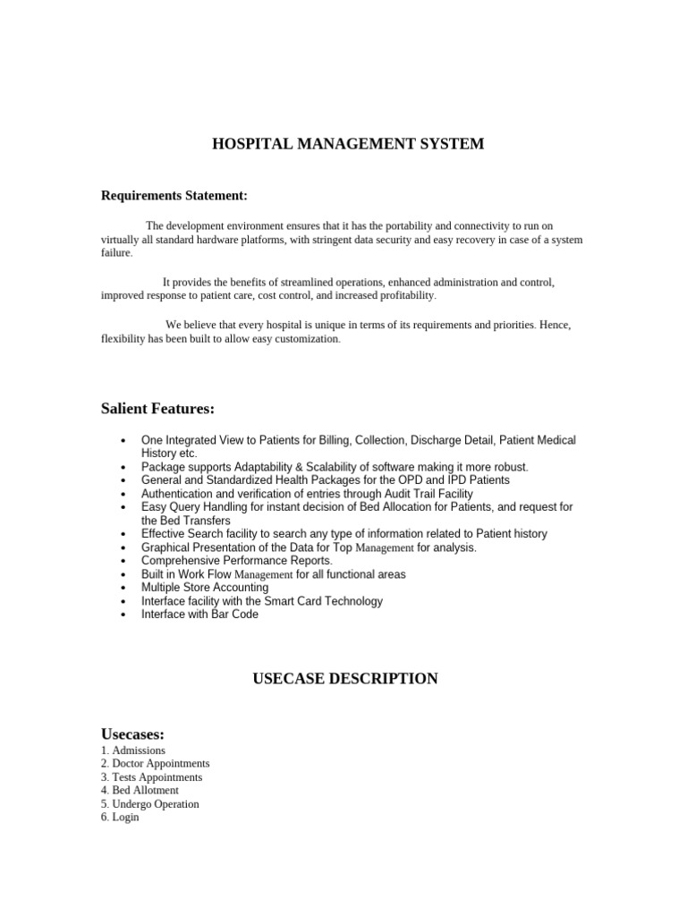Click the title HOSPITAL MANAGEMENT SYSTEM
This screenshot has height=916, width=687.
348,144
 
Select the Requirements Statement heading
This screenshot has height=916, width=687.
174,195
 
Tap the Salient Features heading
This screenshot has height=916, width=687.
157,409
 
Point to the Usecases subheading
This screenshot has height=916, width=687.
132,734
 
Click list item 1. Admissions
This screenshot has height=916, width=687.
133,751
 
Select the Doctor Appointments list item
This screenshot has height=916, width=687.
156,764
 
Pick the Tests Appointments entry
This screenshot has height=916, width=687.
152,777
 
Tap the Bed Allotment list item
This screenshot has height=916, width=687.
140,791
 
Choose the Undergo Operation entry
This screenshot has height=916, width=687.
150,804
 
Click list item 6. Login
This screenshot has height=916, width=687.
121,818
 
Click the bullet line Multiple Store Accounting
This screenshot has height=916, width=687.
204,588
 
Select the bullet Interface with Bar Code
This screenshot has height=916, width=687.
199,615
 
